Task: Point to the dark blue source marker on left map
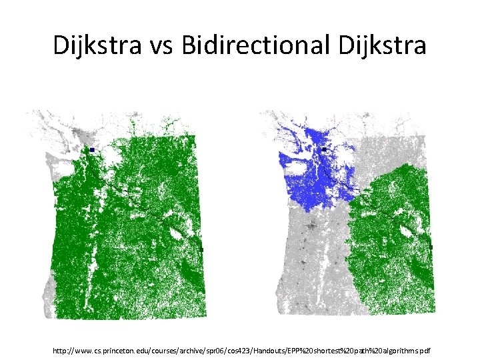92,151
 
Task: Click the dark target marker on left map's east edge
201,249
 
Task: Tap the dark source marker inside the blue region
323,150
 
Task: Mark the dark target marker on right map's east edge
431,247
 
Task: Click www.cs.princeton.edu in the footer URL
113,350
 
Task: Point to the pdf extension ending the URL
425,350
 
